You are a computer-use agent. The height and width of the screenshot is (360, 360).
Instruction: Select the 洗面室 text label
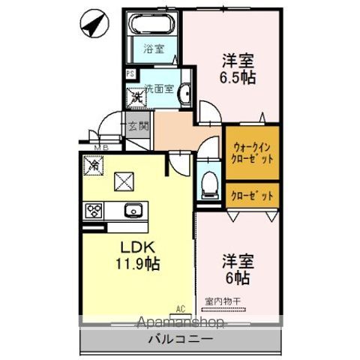coord(159,87)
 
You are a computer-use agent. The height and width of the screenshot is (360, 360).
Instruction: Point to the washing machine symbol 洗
coord(136,97)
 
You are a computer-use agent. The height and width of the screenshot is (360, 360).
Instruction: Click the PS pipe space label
coord(130,73)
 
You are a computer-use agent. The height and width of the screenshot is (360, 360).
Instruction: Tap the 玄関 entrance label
coord(139,125)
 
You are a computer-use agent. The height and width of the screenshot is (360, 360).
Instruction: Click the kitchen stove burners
coord(94,209)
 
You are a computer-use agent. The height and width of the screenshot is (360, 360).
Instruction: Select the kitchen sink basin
coord(133,210)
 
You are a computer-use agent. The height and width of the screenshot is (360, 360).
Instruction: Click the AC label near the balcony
coord(181,307)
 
